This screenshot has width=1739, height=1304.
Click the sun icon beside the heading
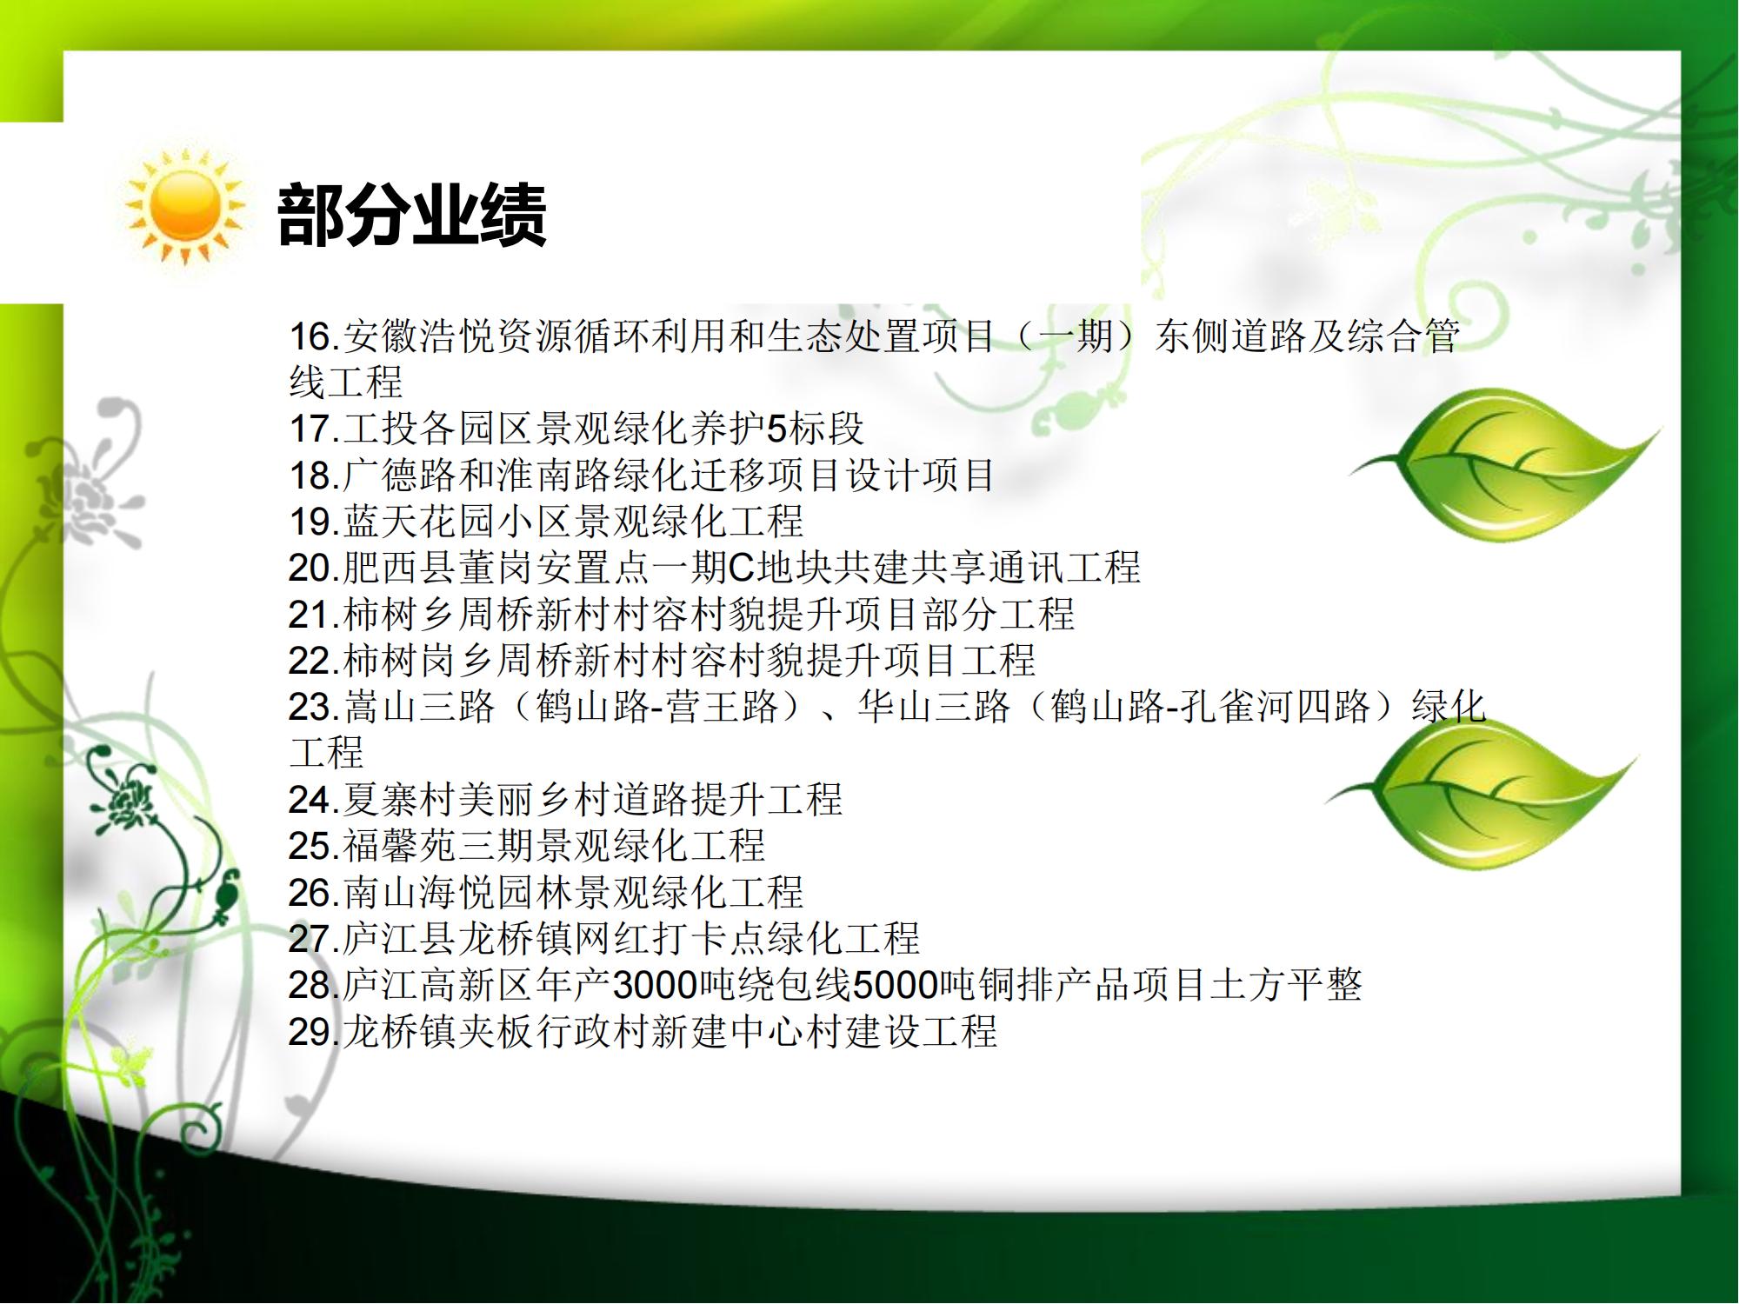point(184,205)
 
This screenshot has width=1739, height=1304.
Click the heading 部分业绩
point(411,215)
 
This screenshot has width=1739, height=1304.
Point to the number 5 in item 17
point(776,429)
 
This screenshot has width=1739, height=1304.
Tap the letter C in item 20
point(741,569)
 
